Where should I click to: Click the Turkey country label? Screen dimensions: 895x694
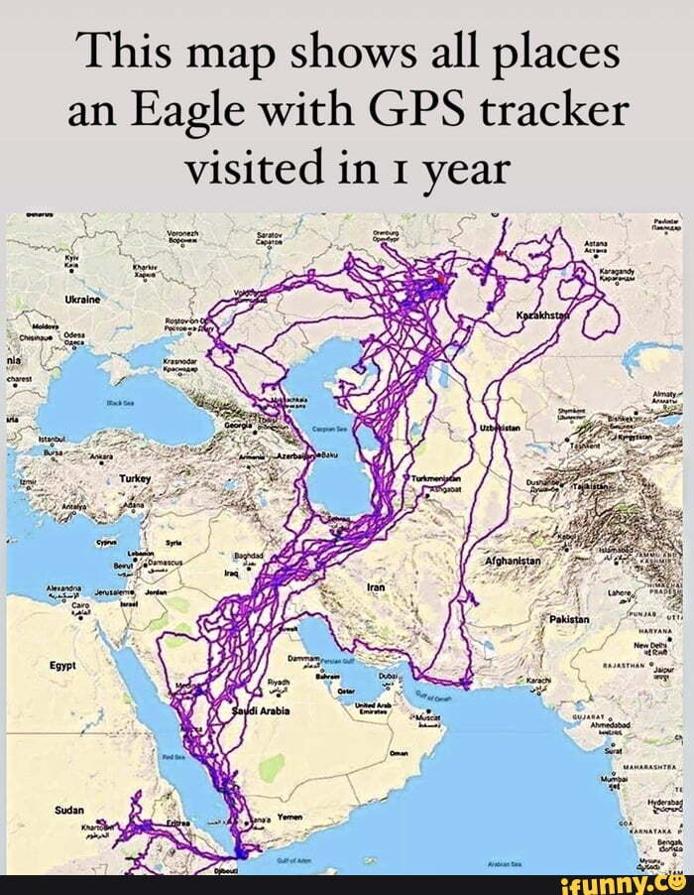click(134, 478)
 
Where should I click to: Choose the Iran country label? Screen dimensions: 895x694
click(376, 587)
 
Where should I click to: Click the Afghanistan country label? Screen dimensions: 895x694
click(512, 561)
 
